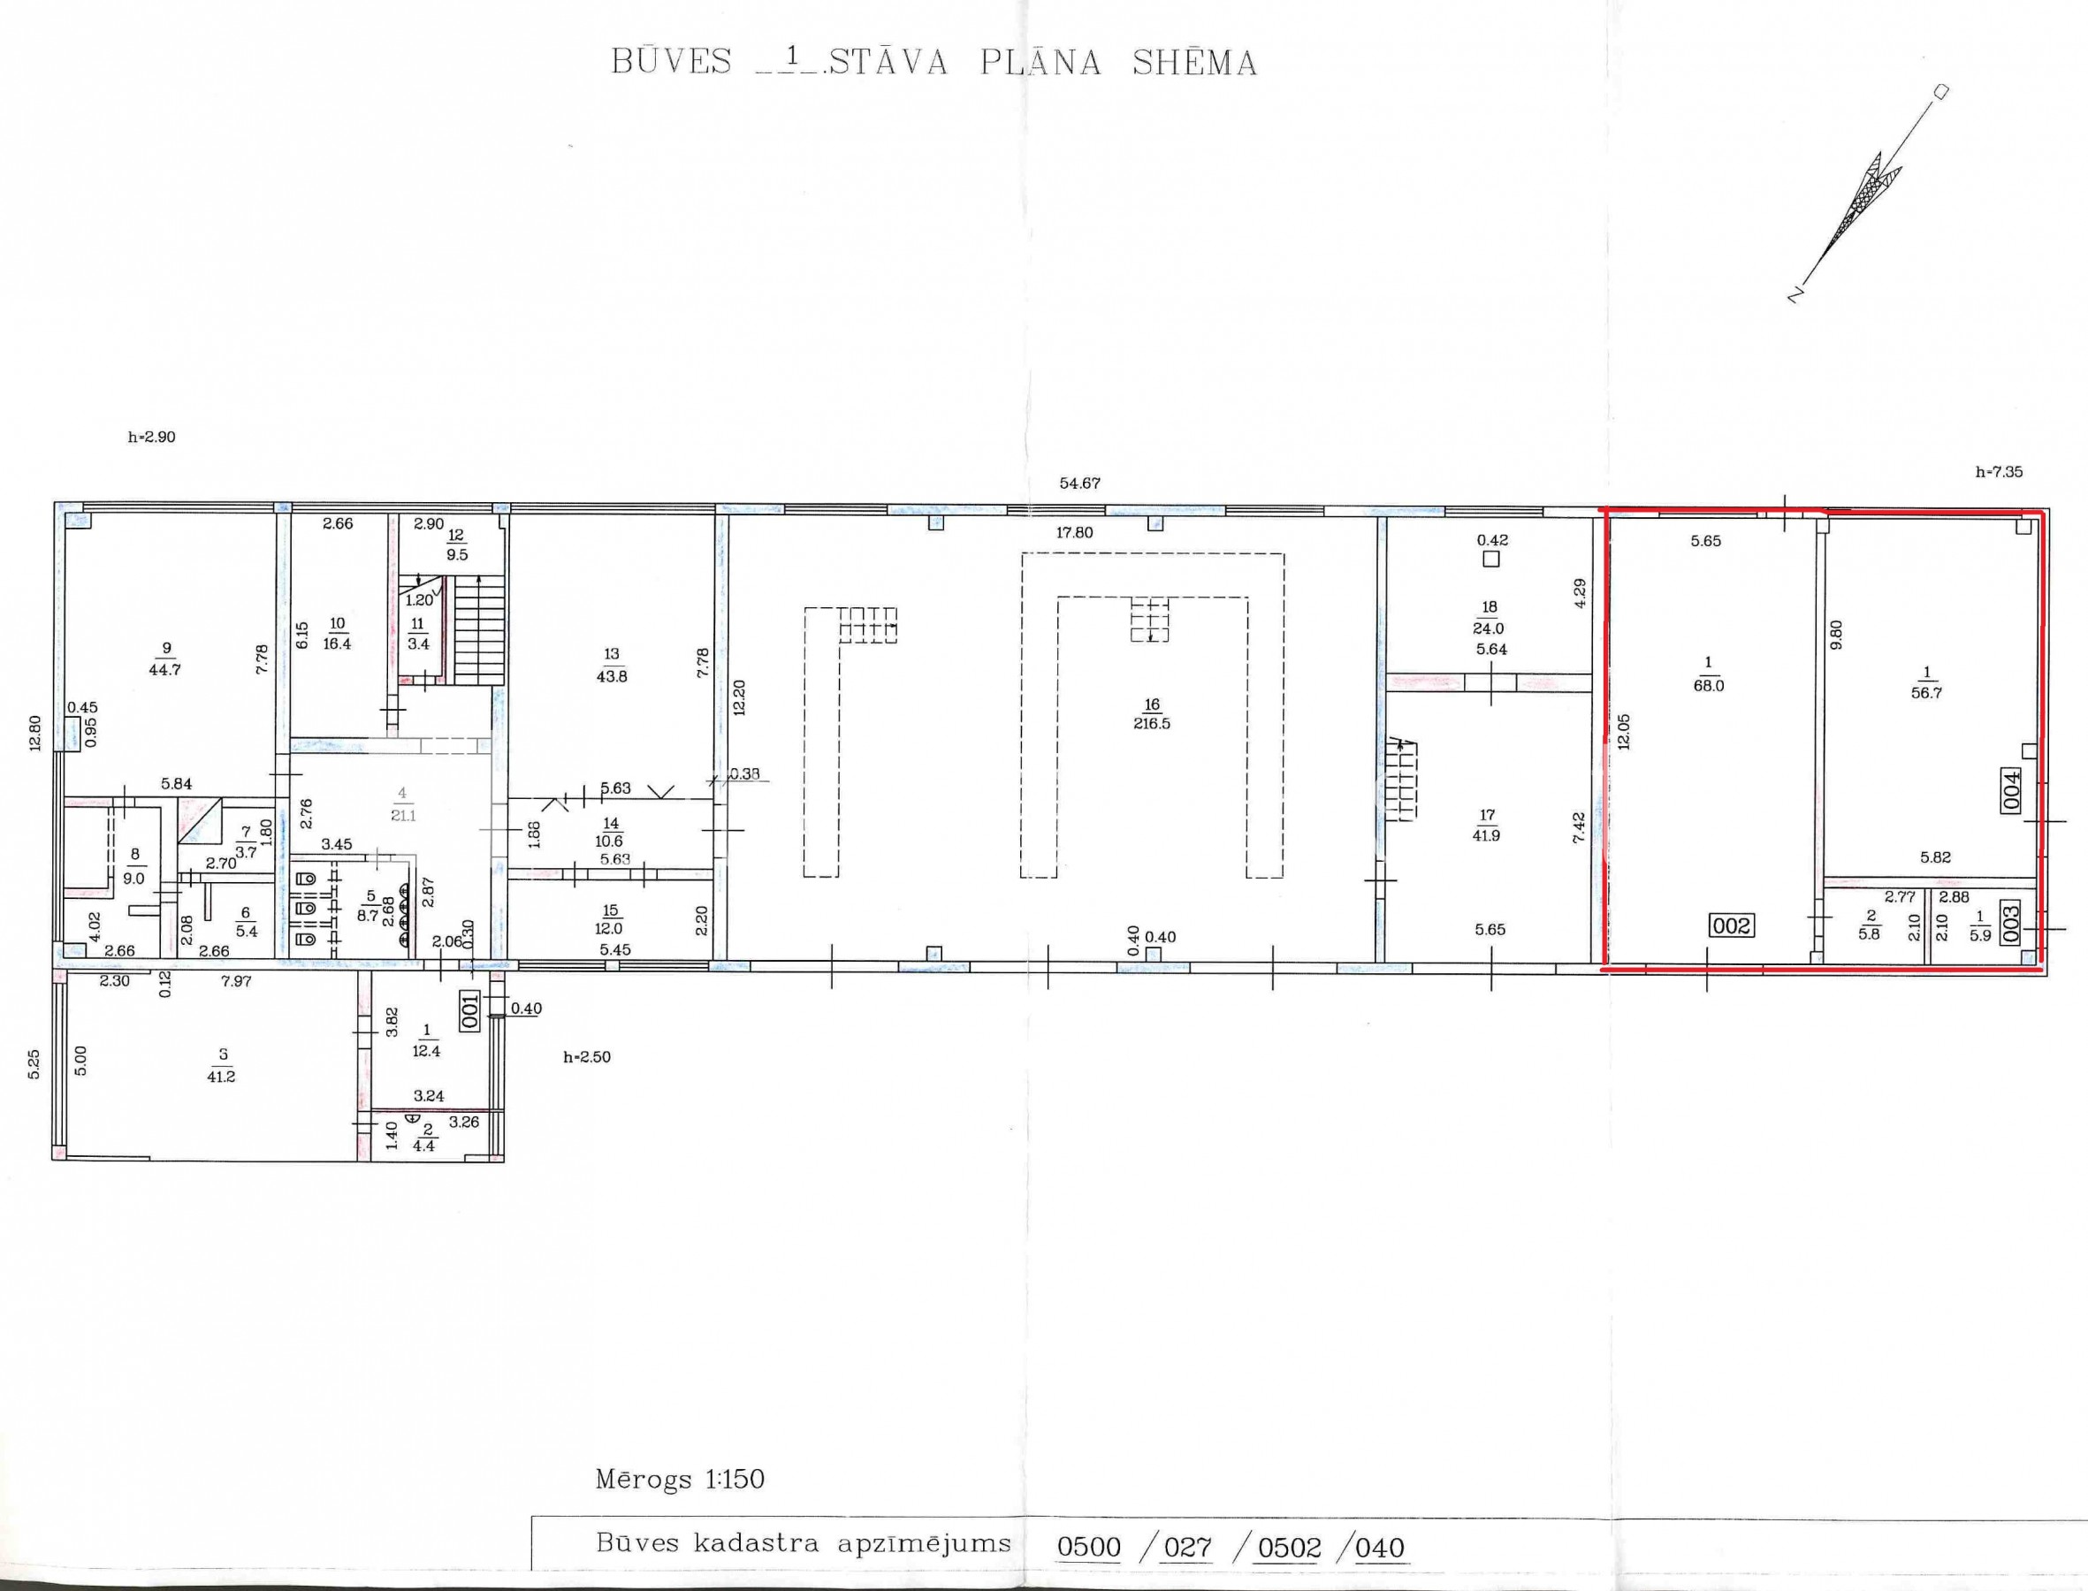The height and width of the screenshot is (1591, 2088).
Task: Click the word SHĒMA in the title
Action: click(x=1194, y=63)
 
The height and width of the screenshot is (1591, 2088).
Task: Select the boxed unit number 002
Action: click(x=1732, y=925)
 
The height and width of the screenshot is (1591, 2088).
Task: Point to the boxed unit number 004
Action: click(x=2011, y=788)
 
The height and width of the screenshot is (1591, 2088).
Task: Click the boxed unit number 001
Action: click(x=470, y=1010)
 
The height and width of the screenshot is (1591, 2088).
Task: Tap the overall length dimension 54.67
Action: click(x=1079, y=483)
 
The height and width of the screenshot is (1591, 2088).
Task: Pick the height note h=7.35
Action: click(x=1999, y=472)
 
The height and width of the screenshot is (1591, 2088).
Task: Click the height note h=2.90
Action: click(x=151, y=438)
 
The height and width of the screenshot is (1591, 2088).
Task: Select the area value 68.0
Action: click(x=1708, y=686)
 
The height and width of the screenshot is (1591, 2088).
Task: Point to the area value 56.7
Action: click(x=1926, y=692)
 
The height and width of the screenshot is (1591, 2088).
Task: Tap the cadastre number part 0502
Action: click(x=1289, y=1548)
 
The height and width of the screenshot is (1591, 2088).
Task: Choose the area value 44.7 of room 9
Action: click(x=164, y=670)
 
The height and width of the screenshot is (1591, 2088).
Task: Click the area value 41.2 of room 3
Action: click(x=221, y=1076)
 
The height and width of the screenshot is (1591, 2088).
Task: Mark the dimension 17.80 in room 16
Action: click(x=1075, y=532)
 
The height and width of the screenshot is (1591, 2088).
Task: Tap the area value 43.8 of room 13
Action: click(x=611, y=676)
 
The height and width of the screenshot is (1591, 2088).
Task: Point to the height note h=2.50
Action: click(x=587, y=1057)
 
